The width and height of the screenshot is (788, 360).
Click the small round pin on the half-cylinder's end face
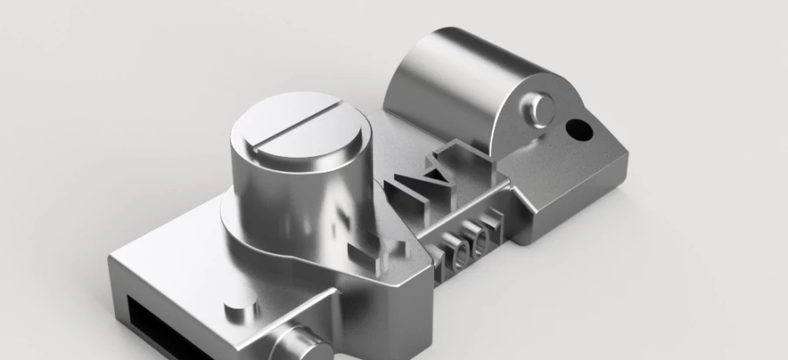click(540, 108)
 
